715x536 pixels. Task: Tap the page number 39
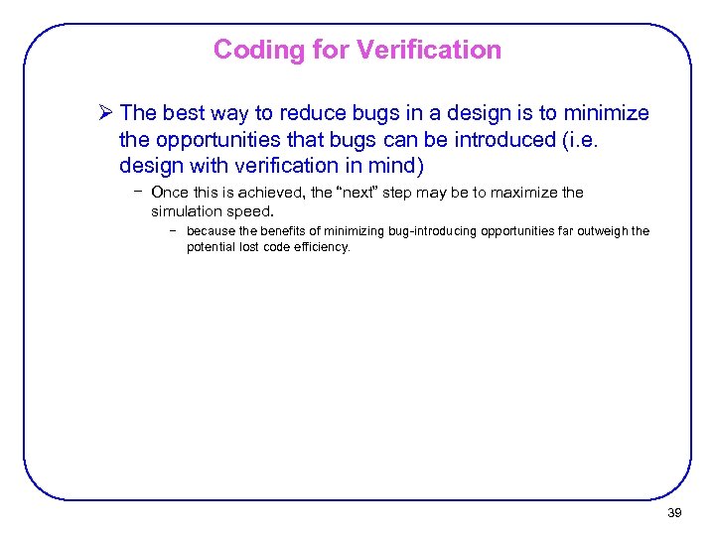tap(674, 513)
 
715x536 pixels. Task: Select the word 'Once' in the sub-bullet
tap(169, 193)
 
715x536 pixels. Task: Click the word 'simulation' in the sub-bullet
tap(185, 211)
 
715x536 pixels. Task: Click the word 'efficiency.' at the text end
tap(320, 247)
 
